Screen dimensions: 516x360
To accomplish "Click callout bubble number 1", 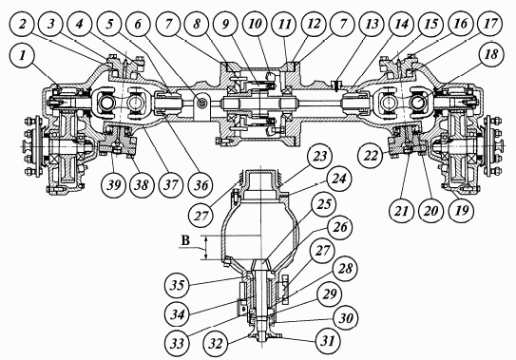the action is point(22,55).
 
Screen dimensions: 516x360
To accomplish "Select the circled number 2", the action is point(22,24).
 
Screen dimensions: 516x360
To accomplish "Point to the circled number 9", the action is point(225,24).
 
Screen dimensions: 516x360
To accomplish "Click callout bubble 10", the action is point(255,24).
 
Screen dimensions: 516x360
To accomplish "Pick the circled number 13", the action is point(373,24).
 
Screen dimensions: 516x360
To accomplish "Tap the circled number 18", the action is point(491,54).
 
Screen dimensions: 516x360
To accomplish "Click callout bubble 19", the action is point(462,210).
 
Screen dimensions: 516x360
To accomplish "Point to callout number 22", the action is point(371,155).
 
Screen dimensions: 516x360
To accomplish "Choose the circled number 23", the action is point(319,156).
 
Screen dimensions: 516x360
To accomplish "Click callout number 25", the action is point(323,204).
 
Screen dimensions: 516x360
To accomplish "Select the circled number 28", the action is point(345,268).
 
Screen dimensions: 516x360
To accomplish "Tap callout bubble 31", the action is point(328,340).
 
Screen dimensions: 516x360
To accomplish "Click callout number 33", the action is point(177,344).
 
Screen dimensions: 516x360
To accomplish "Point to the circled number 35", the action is point(177,285).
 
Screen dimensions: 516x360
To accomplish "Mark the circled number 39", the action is point(114,185).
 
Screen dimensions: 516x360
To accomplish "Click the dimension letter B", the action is point(185,241).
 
